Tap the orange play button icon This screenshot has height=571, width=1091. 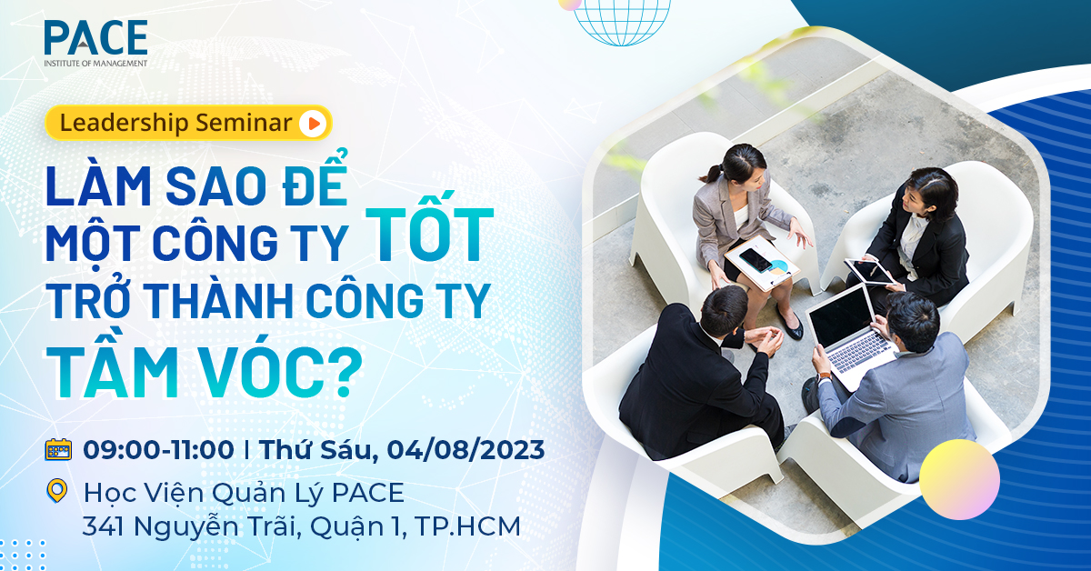pos(312,124)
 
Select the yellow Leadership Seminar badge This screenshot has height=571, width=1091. pos(187,124)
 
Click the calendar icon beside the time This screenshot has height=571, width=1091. pos(58,449)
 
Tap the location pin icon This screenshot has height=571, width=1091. pos(58,492)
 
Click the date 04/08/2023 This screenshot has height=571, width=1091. pos(465,449)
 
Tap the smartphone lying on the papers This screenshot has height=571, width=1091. pos(756,260)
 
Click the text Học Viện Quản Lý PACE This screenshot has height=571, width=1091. pos(243,493)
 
